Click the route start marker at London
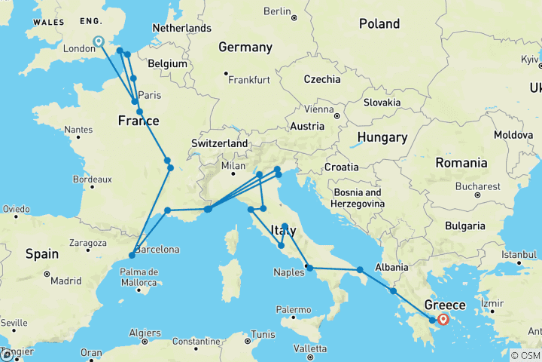coord(99,41)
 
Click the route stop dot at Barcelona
coord(132,256)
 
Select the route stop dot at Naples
coord(309,268)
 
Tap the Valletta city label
coord(309,348)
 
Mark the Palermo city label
coord(293,309)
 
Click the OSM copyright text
coord(524,355)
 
